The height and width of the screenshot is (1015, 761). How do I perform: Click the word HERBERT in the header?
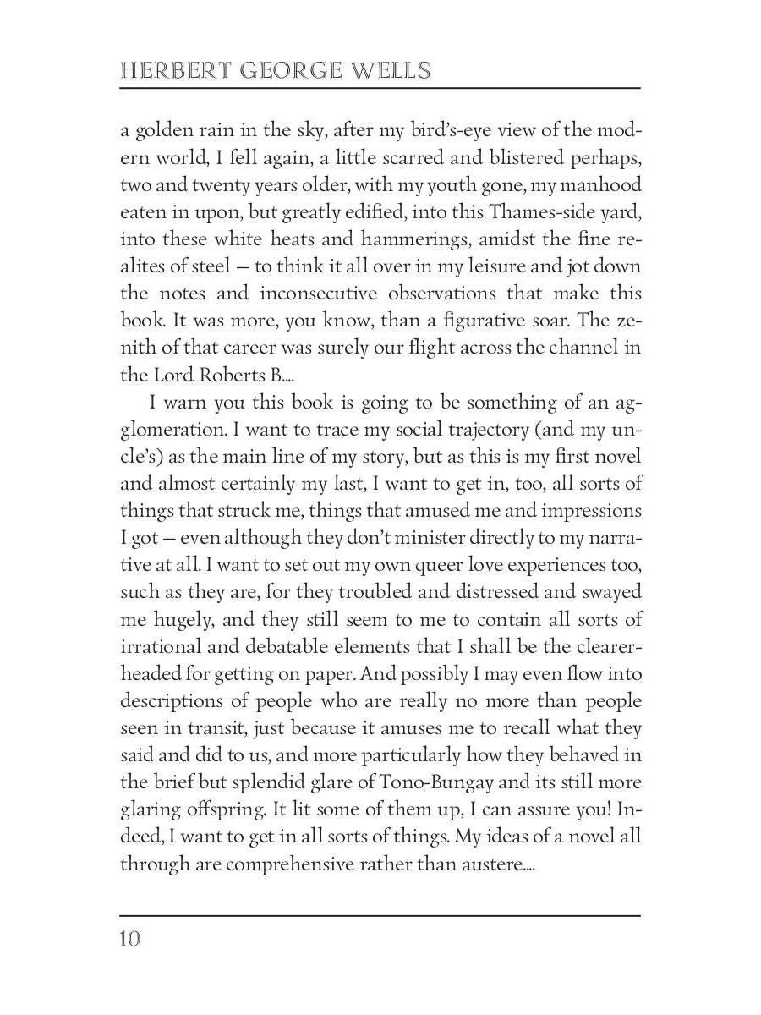165,70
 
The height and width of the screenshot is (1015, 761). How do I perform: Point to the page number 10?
130,939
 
